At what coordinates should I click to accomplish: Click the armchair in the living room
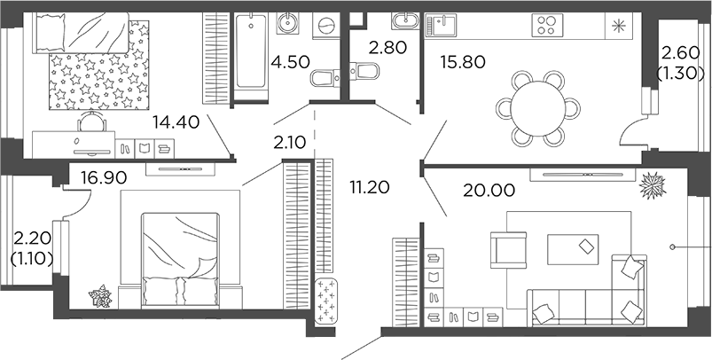(x=510, y=248)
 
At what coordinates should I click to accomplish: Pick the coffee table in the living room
(x=573, y=247)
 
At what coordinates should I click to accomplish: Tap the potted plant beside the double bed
(x=100, y=296)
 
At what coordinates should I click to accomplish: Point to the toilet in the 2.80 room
(x=364, y=70)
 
